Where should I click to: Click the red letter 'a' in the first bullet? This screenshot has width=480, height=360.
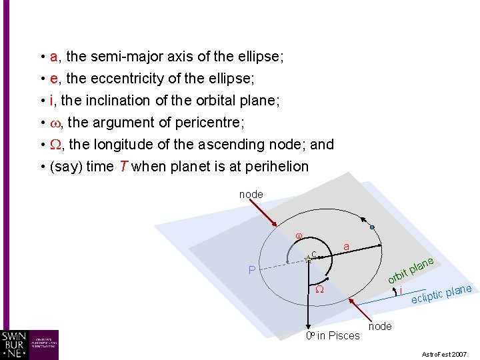[x=53, y=57]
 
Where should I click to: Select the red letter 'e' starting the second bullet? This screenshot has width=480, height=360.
[x=53, y=79]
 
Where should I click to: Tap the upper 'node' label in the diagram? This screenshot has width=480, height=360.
[x=251, y=194]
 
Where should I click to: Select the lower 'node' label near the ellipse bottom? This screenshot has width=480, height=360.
[x=380, y=325]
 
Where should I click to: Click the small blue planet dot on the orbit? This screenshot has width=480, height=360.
[x=372, y=228]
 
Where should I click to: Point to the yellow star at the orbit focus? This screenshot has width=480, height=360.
[x=308, y=260]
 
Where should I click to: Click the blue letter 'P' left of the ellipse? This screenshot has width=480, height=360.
[x=252, y=270]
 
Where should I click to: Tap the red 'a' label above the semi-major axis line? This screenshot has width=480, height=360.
[x=346, y=247]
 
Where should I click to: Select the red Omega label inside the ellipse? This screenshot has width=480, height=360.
[x=319, y=290]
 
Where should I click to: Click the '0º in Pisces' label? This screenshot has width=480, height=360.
[x=333, y=335]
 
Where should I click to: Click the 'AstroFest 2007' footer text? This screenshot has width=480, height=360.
[x=444, y=354]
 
